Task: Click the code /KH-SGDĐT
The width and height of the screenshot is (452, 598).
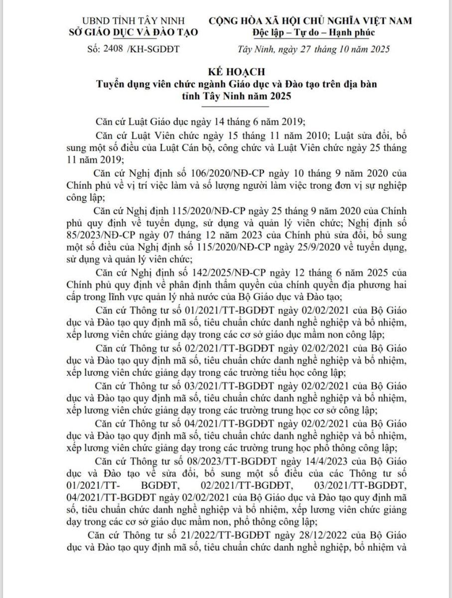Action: coord(154,49)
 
